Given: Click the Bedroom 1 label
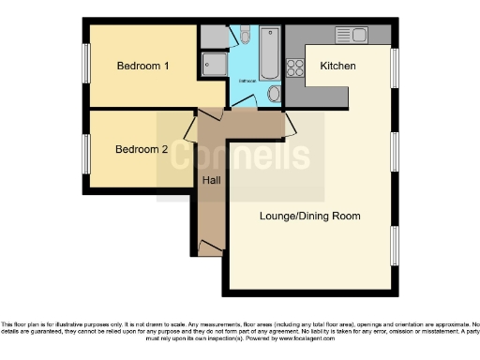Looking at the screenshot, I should (x=142, y=66).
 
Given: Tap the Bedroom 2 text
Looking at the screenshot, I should (x=142, y=149).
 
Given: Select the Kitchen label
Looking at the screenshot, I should (x=337, y=67).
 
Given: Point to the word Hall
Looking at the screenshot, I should (x=211, y=180).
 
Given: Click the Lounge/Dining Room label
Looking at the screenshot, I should (x=309, y=216).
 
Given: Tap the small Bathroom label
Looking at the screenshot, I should (x=247, y=81).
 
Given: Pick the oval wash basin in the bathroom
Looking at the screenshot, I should (x=274, y=94).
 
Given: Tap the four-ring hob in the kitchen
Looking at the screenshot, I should (x=295, y=67).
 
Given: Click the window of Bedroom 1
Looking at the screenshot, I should (x=84, y=66).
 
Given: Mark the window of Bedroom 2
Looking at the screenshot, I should (x=84, y=150).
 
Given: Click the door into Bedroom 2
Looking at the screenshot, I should (x=190, y=129).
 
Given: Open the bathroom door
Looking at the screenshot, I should (x=247, y=109).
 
